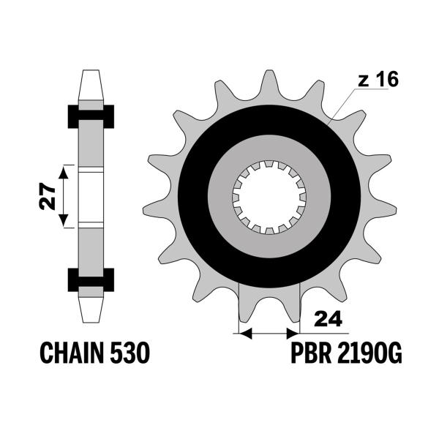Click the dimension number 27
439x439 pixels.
click(47, 196)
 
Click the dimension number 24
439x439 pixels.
click(328, 318)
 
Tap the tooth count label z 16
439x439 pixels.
click(378, 79)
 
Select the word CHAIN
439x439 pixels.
click(73, 353)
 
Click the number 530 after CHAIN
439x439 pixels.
click(130, 353)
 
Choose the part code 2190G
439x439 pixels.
click(369, 353)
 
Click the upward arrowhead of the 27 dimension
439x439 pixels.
click(64, 172)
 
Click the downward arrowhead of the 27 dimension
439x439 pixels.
click(64, 220)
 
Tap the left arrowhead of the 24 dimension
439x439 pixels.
click(246, 334)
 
